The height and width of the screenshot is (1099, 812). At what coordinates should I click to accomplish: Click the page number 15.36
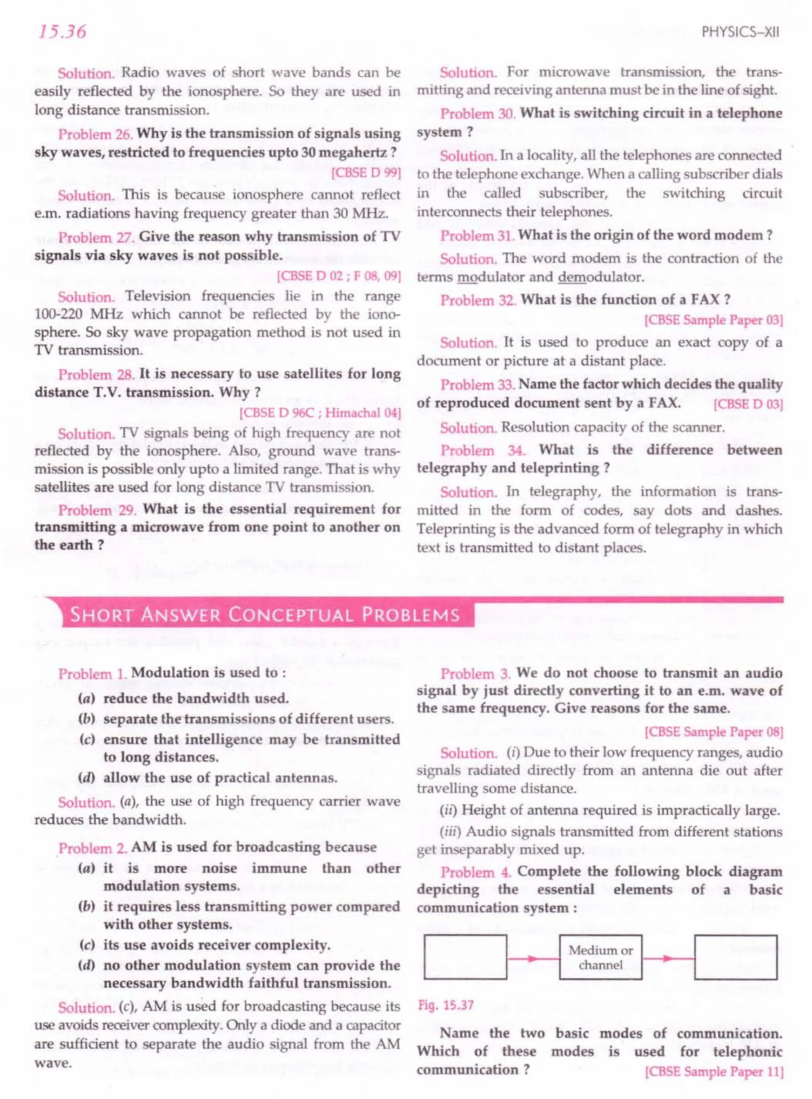[x=62, y=32]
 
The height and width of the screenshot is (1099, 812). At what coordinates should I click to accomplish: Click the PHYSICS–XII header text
[x=740, y=32]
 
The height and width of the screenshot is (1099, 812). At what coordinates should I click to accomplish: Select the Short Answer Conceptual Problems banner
[x=265, y=615]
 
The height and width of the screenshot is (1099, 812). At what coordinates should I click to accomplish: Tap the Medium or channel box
[x=600, y=958]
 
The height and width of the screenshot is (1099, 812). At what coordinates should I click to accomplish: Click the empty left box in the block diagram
[x=465, y=958]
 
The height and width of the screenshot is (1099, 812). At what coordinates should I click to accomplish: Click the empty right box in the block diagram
[x=735, y=958]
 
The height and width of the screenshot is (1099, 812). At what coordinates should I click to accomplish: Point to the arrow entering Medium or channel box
[x=533, y=958]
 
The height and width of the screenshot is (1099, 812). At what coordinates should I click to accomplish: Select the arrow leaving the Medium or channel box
[x=668, y=958]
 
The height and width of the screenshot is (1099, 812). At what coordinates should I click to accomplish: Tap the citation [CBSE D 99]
[x=367, y=173]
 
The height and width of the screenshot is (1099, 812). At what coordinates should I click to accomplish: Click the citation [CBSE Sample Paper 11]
[x=714, y=1072]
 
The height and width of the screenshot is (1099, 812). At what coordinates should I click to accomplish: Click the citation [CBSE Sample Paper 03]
[x=714, y=320]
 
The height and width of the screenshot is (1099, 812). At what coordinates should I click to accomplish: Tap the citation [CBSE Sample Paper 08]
[x=714, y=732]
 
